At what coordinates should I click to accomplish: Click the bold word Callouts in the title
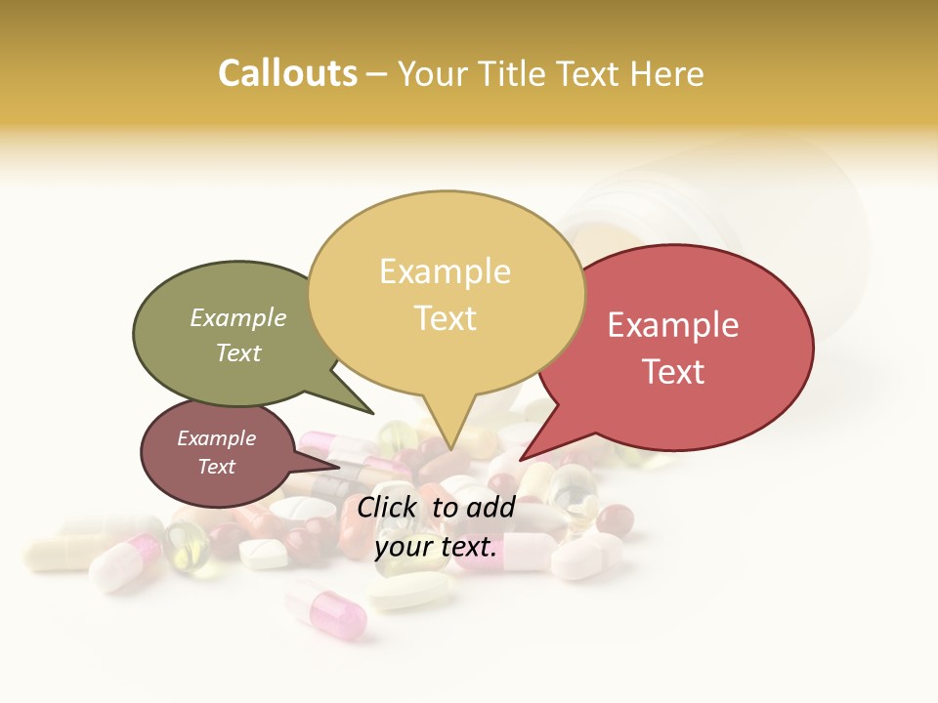pos(287,73)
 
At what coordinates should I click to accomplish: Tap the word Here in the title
pos(667,74)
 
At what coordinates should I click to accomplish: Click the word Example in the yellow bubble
pos(445,271)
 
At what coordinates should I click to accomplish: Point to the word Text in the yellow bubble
pos(445,318)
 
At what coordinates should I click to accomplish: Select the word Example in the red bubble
pos(673,325)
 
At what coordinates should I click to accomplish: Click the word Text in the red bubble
pos(673,372)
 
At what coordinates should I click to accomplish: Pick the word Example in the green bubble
pos(238,318)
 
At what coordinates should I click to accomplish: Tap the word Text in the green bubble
pos(238,352)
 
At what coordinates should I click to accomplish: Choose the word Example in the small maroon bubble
pos(216,438)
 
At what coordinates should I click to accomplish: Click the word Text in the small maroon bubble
pos(216,467)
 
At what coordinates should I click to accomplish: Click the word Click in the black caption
pos(389,507)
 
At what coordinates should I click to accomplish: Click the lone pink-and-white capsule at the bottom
pos(326,607)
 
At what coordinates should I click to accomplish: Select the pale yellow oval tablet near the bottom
pos(410,591)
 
